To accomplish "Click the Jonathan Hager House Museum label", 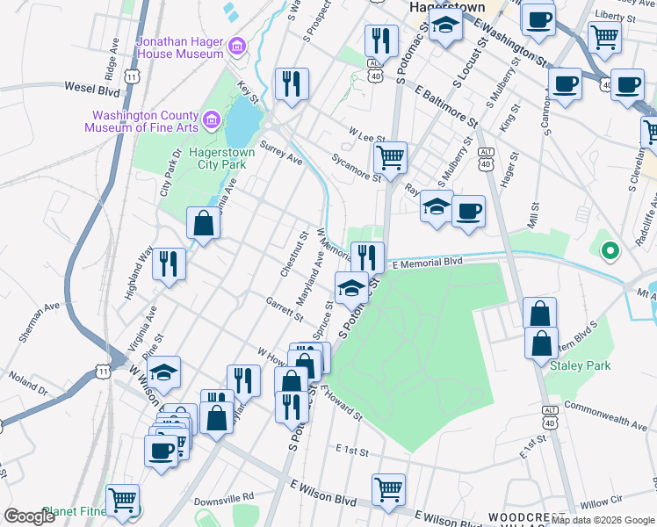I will tap(179, 47).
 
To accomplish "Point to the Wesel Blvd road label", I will tap(92, 88).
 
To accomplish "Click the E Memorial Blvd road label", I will tap(427, 263).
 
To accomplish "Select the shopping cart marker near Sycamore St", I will tap(390, 158).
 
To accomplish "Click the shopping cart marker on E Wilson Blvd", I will tap(388, 489).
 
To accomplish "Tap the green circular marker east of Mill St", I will tap(609, 252).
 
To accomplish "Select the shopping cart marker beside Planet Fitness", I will tap(122, 501).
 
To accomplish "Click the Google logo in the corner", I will tap(29, 516).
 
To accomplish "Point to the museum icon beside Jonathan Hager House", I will tap(236, 46).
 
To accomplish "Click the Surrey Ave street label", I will tap(281, 155).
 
